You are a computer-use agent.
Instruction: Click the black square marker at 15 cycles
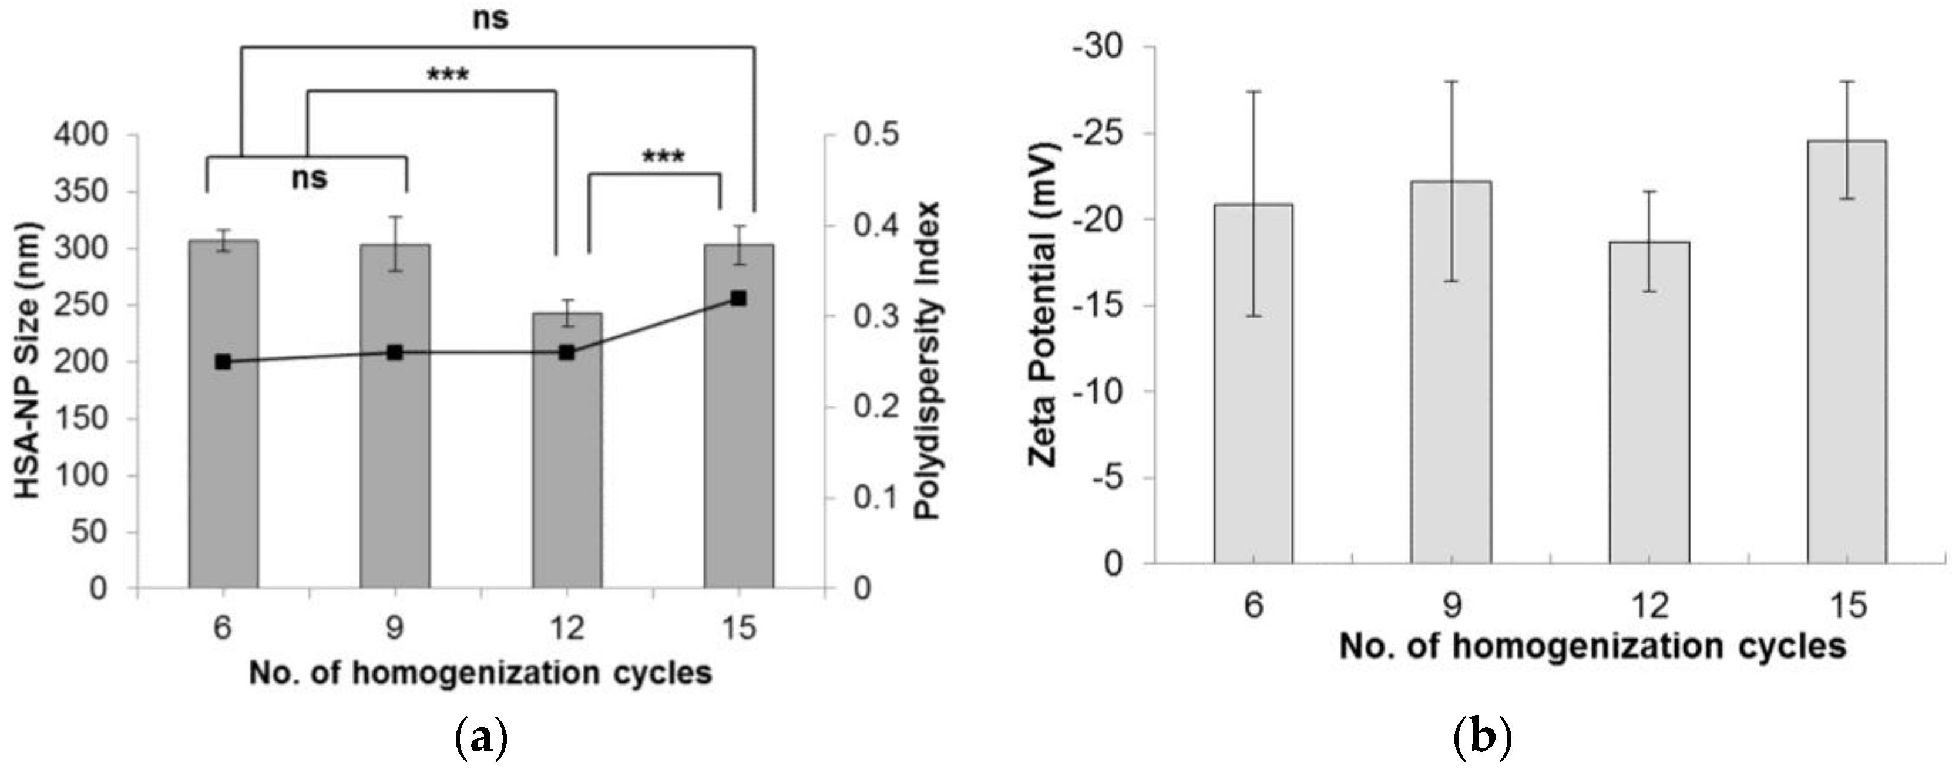click(x=738, y=299)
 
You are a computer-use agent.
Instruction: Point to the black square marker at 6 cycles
click(x=223, y=362)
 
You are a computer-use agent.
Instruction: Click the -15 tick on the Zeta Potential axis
click(x=1096, y=306)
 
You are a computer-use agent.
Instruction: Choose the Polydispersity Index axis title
click(x=927, y=361)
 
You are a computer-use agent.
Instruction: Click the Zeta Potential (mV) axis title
click(x=1043, y=304)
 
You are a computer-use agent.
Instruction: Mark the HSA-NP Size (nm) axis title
click(x=28, y=361)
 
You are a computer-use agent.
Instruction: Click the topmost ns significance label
click(x=490, y=18)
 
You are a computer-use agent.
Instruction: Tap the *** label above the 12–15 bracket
click(x=663, y=157)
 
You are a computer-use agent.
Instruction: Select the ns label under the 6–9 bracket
click(x=309, y=178)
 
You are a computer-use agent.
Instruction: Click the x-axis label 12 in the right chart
click(x=1649, y=606)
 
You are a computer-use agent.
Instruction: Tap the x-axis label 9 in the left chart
click(x=395, y=629)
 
